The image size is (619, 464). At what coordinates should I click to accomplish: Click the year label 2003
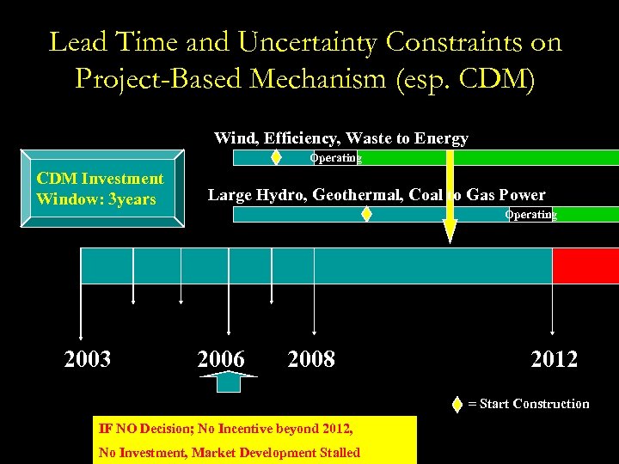(87, 359)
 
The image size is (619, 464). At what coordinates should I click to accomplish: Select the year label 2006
(221, 359)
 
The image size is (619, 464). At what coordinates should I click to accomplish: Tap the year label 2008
(311, 359)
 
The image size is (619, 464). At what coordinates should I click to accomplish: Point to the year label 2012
(555, 359)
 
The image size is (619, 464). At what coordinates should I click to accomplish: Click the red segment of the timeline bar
(585, 266)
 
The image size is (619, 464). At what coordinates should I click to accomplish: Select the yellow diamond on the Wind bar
(276, 157)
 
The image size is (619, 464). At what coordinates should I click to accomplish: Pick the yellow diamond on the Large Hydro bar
(367, 214)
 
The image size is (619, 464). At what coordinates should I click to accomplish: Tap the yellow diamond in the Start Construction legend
(457, 404)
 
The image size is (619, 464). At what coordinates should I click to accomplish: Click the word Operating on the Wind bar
(336, 158)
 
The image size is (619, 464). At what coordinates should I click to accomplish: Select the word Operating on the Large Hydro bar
(530, 215)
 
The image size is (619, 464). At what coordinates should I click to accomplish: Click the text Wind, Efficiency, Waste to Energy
(340, 138)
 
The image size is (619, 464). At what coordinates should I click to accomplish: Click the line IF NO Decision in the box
(226, 428)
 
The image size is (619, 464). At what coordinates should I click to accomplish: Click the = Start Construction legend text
(528, 404)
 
